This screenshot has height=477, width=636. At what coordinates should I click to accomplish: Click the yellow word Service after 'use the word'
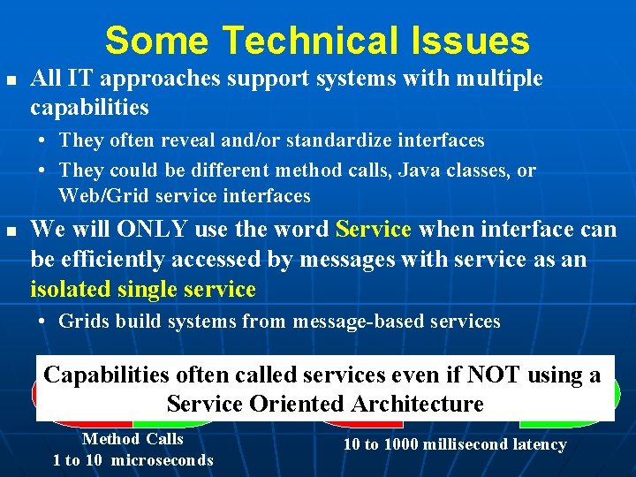point(374,230)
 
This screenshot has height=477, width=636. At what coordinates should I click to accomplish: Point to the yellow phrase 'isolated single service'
point(143,289)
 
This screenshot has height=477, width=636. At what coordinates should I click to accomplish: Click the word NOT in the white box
point(495,375)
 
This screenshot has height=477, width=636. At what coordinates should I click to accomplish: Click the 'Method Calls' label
point(132,439)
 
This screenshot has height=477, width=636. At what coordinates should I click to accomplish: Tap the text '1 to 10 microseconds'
point(132,459)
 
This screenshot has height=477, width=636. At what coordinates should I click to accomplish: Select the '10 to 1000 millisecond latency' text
point(454,444)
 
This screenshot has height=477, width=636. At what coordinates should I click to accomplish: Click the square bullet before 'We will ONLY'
point(11,231)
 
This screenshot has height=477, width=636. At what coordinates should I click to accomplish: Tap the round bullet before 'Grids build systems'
point(42,322)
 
